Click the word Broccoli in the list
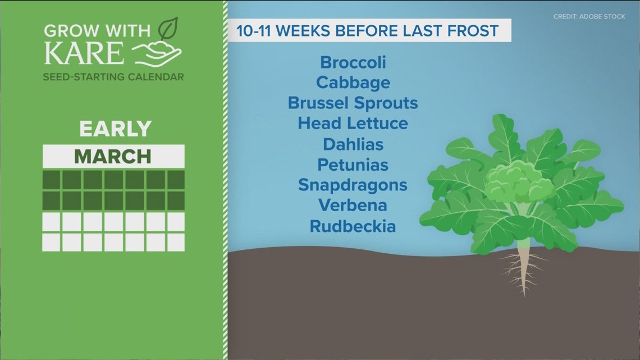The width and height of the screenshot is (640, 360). click(353, 62)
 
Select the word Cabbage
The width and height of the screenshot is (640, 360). click(353, 83)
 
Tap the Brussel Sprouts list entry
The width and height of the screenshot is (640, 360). click(353, 103)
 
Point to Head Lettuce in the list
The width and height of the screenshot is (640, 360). click(353, 124)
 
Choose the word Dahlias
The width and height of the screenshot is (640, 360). click(353, 144)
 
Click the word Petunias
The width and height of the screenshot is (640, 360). click(353, 165)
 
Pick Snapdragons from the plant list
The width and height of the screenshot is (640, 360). click(353, 185)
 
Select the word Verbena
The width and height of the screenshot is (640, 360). click(353, 206)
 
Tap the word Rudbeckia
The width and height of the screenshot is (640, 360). click(353, 226)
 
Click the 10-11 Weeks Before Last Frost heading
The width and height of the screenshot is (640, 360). click(368, 30)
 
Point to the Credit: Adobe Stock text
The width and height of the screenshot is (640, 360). click(589, 17)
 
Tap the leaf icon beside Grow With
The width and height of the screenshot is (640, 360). click(168, 29)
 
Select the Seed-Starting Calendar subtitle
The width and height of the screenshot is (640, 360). click(113, 76)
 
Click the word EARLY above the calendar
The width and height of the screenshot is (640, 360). click(115, 129)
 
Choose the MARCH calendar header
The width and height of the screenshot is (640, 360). click(113, 156)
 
